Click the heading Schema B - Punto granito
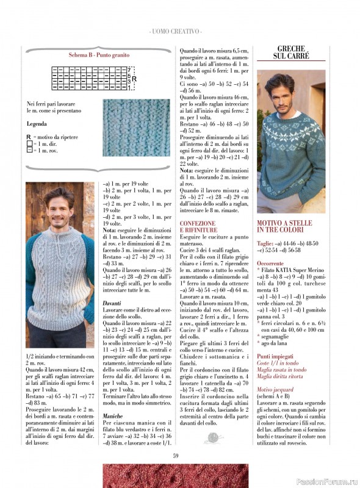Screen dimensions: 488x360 pyautogui.click(x=99, y=55)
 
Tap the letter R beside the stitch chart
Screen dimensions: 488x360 pyautogui.click(x=134, y=79)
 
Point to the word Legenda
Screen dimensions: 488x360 pyautogui.click(x=38, y=124)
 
